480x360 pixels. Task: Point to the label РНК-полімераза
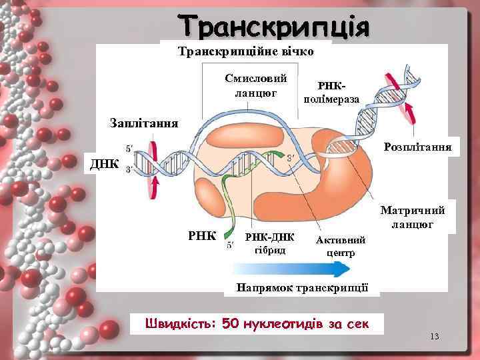click(331, 94)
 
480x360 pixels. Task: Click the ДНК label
click(105, 163)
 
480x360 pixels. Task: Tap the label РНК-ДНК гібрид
click(270, 244)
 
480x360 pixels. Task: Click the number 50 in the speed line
click(229, 323)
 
